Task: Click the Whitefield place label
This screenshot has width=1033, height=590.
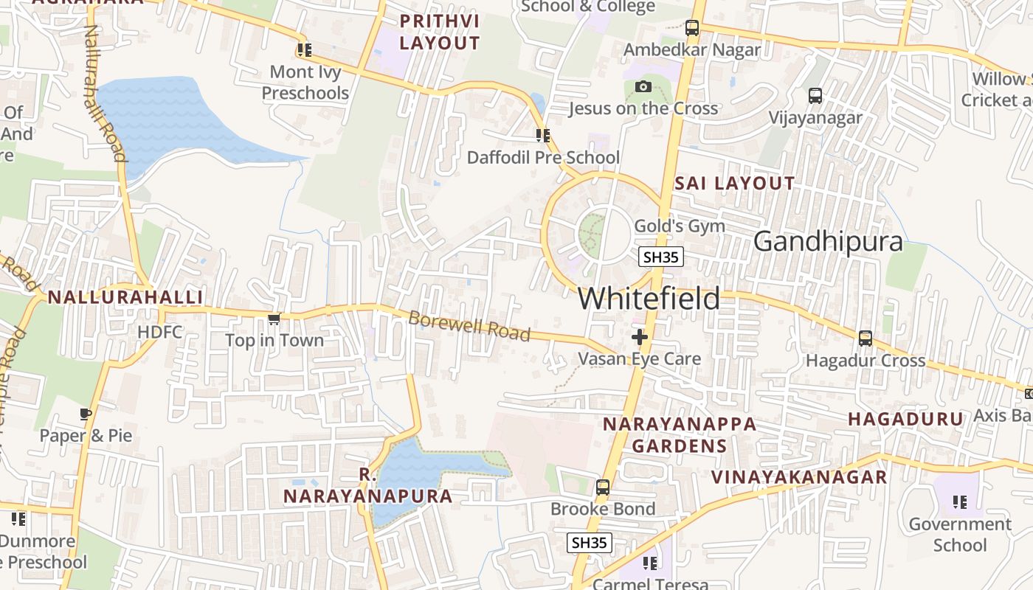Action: tap(649, 299)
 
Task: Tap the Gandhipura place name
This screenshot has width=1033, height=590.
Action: tap(828, 241)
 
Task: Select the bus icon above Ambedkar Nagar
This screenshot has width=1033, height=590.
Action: tap(691, 28)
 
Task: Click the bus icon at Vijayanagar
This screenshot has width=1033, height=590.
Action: tap(815, 96)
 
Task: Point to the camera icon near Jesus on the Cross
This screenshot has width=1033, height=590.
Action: tap(643, 87)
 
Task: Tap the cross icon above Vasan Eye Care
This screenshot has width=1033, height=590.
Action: tap(639, 337)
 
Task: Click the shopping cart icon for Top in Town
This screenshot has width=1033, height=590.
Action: tap(274, 319)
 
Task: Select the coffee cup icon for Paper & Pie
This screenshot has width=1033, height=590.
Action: tap(86, 414)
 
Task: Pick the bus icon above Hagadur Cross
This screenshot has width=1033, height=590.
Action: tap(866, 339)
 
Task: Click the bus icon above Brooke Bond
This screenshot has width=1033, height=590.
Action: tap(603, 487)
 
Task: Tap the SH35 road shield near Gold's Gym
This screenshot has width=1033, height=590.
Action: tap(661, 257)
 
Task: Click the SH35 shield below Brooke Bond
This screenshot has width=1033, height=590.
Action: tap(590, 543)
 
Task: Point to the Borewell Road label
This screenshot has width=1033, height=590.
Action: tap(469, 326)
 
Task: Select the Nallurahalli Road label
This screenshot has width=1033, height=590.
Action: tap(105, 93)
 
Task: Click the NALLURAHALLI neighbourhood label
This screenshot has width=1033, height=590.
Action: tap(125, 297)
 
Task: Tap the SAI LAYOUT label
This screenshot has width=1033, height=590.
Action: tap(734, 183)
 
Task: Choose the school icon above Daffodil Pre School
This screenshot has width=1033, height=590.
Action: tap(543, 136)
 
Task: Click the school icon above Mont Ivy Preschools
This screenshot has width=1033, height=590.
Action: tap(304, 50)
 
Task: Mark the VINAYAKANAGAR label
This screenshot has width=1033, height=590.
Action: tap(798, 477)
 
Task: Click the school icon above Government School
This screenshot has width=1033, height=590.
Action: tap(959, 502)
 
